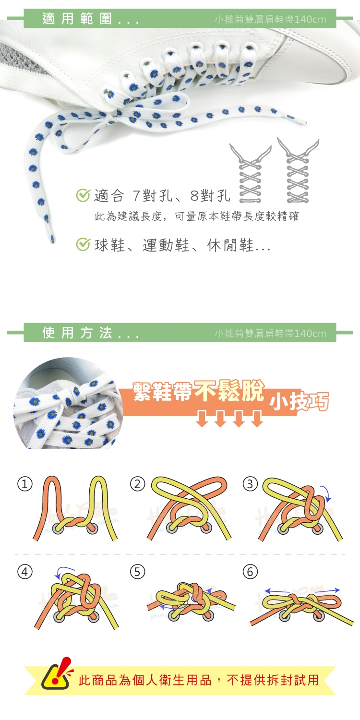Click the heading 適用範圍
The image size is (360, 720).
click(77, 18)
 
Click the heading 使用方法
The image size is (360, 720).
click(77, 333)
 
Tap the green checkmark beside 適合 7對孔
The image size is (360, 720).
click(83, 195)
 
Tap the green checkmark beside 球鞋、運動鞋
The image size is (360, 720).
click(83, 244)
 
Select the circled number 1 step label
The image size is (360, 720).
click(25, 484)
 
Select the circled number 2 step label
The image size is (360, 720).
click(138, 484)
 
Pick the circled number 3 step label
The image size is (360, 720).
click(250, 484)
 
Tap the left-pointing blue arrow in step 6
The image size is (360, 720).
click(277, 591)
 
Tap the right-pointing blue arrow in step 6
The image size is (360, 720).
click(327, 590)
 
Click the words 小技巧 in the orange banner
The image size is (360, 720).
click(299, 402)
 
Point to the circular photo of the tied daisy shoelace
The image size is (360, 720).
click(68, 403)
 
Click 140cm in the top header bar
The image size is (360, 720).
click(310, 20)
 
